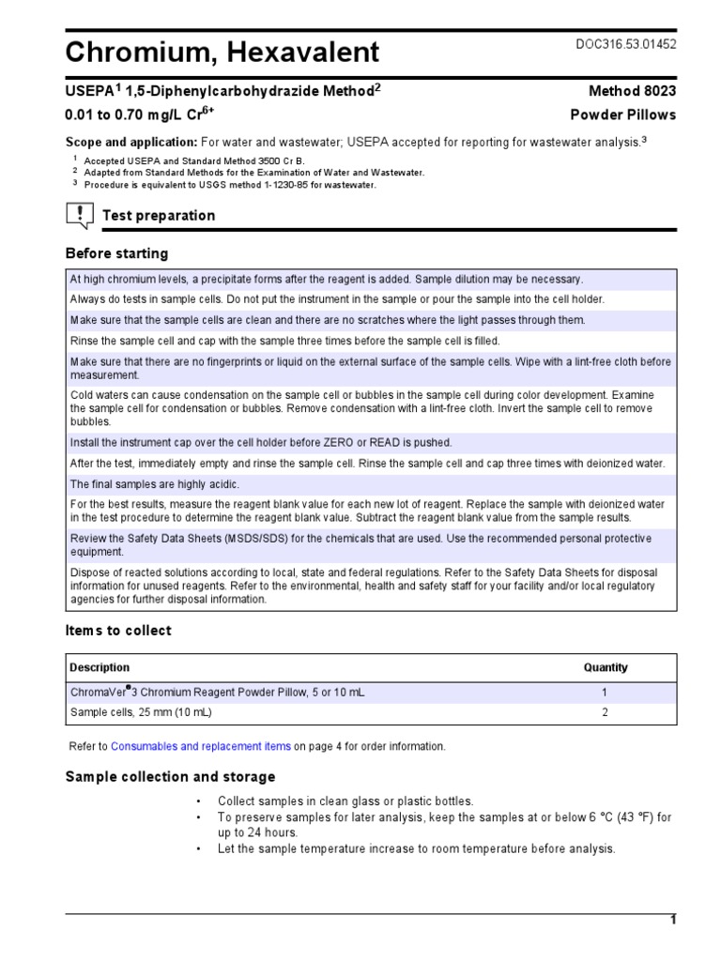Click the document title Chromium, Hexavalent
(222, 53)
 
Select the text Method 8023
(632, 91)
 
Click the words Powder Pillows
(623, 115)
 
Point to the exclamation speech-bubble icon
(80, 216)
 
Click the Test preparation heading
(159, 216)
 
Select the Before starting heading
(116, 253)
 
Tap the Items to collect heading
(118, 631)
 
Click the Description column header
(100, 668)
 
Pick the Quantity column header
(606, 668)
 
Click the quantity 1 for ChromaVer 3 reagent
(606, 693)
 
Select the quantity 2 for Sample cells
(606, 713)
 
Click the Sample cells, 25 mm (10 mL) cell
(142, 713)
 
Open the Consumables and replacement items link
(201, 747)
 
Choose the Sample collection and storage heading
(170, 777)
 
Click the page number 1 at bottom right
(672, 921)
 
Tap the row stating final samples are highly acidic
(155, 484)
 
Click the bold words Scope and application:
(130, 142)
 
